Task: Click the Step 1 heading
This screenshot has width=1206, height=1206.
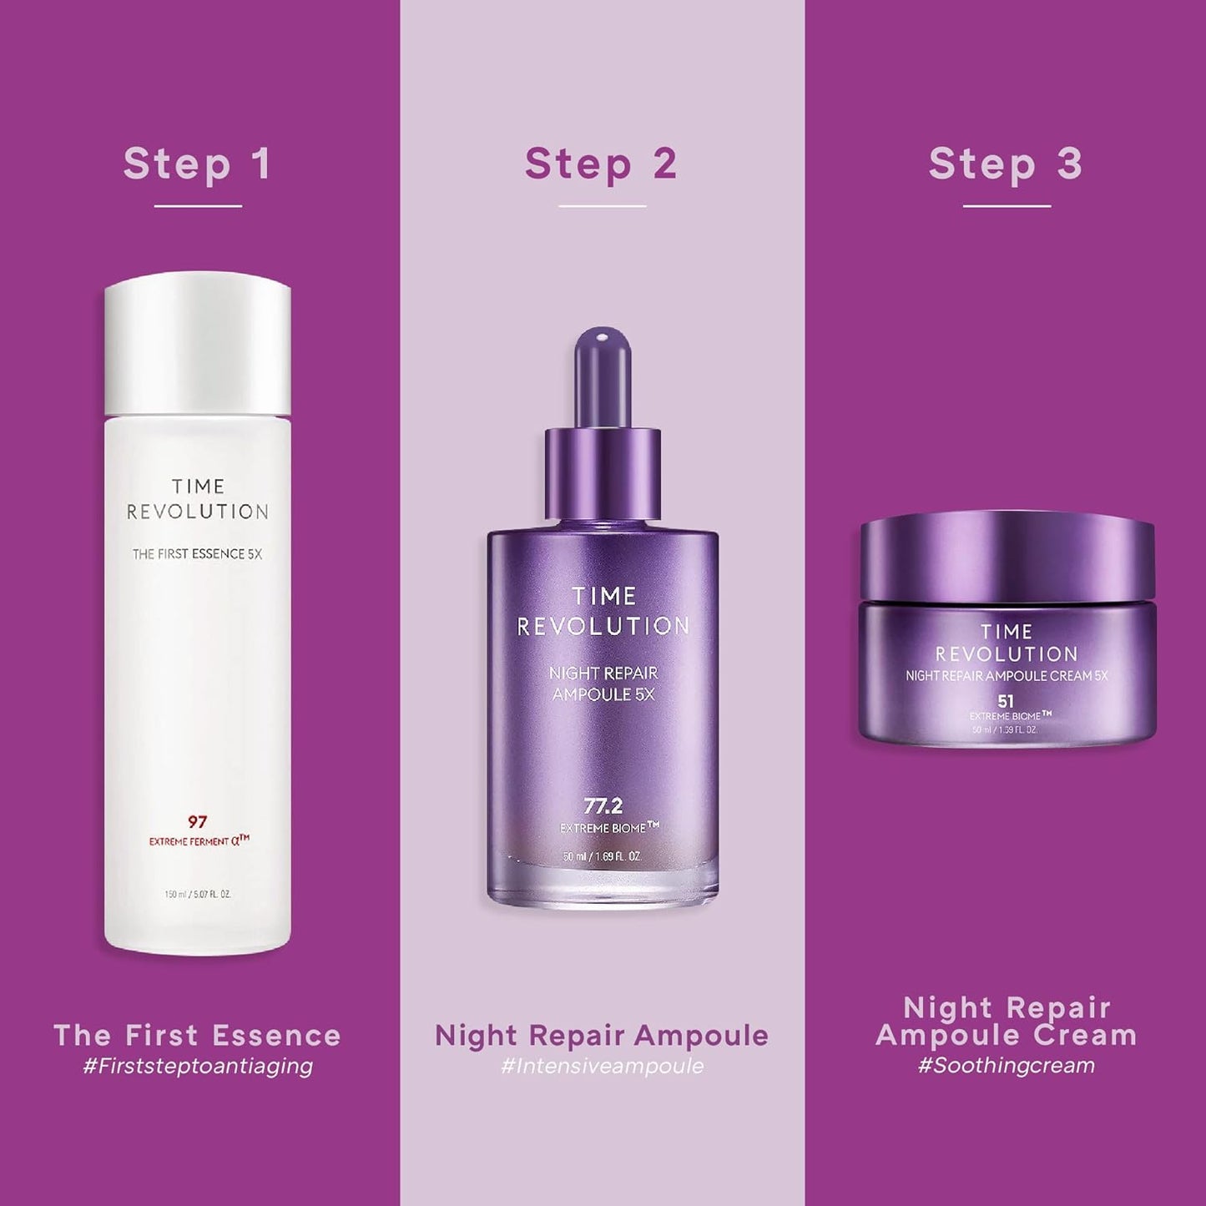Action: [198, 164]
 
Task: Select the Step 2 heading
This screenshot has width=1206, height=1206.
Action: [601, 164]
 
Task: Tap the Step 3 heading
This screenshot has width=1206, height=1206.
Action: [1006, 164]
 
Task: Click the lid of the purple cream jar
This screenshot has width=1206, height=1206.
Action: [1007, 555]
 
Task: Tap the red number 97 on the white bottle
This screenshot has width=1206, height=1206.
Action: [197, 822]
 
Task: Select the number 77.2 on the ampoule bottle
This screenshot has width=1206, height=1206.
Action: [603, 806]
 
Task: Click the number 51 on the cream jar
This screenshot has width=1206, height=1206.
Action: [1006, 701]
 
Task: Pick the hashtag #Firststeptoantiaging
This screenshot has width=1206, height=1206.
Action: [198, 1066]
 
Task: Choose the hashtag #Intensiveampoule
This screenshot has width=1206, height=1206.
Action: [602, 1066]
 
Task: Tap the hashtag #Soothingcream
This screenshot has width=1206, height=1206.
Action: [1006, 1066]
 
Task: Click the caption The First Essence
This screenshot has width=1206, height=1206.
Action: [198, 1036]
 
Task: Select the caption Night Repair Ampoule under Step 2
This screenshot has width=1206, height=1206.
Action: [602, 1036]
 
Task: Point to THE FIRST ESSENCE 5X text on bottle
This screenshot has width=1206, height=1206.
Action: [197, 554]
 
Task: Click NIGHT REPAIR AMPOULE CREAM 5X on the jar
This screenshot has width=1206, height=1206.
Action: [1007, 676]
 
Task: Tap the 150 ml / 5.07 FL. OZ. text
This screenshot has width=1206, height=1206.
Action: [197, 895]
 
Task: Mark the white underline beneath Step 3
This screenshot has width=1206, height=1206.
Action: [1006, 206]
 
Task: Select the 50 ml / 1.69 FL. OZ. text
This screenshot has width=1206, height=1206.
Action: [602, 857]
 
